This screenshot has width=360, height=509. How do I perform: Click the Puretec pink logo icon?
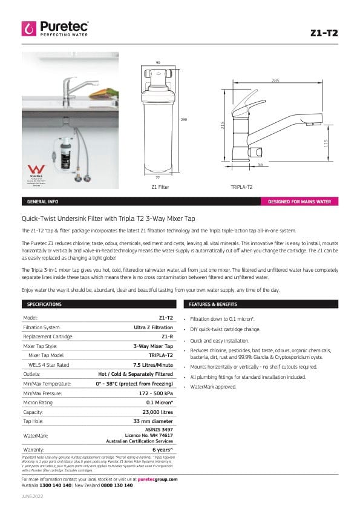click(x=29, y=28)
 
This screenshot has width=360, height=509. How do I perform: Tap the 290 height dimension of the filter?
click(x=184, y=119)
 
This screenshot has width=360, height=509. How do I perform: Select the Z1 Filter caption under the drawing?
click(x=160, y=187)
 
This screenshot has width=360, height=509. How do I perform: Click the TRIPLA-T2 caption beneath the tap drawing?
click(x=241, y=187)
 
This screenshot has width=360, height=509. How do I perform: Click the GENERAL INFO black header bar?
click(x=42, y=201)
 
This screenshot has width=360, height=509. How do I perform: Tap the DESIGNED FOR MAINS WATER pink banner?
click(x=299, y=201)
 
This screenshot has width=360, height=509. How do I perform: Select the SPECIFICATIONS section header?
click(x=45, y=304)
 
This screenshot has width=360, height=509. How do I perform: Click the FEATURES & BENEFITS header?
click(x=213, y=304)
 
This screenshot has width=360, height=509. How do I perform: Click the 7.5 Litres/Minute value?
click(x=153, y=365)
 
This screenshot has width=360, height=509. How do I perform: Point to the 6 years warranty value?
click(x=163, y=450)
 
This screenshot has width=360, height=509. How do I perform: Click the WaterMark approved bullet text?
click(x=213, y=386)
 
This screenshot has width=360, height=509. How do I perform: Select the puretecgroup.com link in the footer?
click(x=157, y=479)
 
